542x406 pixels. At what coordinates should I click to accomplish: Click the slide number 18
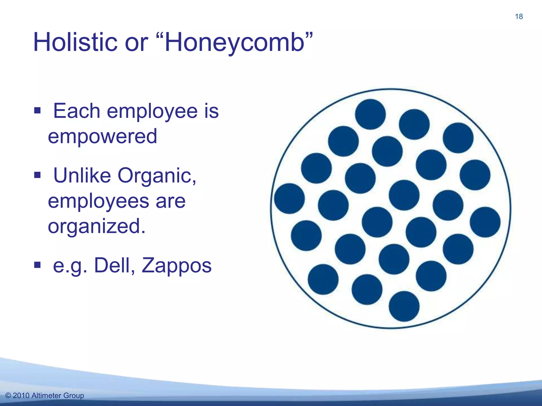coord(519,17)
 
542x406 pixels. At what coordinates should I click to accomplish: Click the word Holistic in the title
coord(75,42)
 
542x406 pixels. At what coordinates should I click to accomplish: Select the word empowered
coord(102,136)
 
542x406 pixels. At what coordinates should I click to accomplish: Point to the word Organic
coord(157,176)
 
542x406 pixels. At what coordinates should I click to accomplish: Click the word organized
coord(96,226)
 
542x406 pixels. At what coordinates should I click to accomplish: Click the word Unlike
coord(82,175)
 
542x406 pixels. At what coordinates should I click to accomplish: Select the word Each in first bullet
coord(76,111)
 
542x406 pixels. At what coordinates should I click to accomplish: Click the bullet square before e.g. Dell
coord(37,265)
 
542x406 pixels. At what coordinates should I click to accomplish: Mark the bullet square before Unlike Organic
coord(37,175)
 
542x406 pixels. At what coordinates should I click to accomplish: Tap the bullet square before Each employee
coord(37,110)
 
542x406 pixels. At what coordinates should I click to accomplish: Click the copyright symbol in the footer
coord(8,395)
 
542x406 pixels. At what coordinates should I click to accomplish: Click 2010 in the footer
coord(21,395)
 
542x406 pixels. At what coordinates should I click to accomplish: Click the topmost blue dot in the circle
coord(370,114)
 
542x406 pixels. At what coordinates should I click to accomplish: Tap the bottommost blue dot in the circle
coord(404,306)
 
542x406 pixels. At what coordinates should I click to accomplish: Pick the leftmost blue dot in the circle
coord(289,199)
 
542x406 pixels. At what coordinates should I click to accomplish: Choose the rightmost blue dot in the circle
coord(485,222)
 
